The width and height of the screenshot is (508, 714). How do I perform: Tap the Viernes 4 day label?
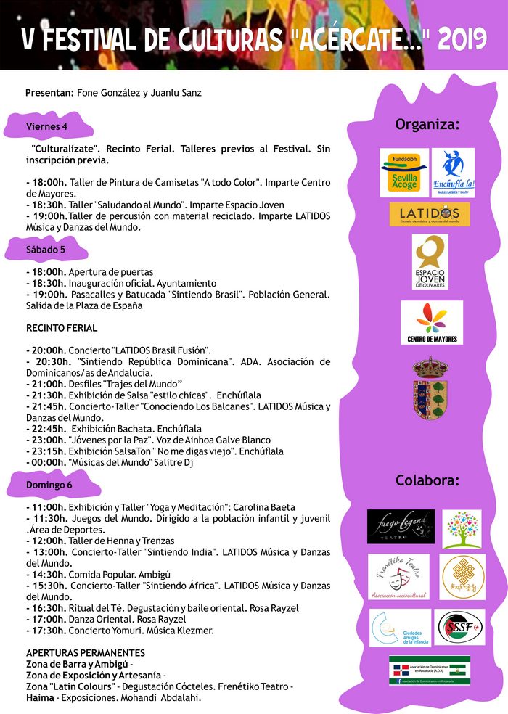click(46, 126)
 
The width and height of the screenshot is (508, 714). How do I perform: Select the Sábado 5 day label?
click(46, 250)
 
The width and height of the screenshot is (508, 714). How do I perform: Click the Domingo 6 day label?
click(49, 484)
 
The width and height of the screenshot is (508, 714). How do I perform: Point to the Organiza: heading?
click(427, 124)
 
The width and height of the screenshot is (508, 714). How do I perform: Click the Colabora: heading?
click(427, 480)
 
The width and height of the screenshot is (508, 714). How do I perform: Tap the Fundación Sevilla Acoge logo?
click(403, 173)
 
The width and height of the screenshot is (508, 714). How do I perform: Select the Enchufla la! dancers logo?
click(452, 173)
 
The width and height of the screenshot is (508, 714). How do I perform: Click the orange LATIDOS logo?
click(429, 213)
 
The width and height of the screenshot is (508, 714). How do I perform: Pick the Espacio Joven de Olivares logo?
click(430, 261)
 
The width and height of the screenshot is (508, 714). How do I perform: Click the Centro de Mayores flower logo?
click(431, 322)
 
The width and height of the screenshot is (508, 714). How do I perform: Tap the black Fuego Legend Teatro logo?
click(401, 526)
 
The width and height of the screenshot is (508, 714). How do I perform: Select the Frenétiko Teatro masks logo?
click(398, 576)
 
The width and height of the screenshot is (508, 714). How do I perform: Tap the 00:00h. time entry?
click(46, 462)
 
